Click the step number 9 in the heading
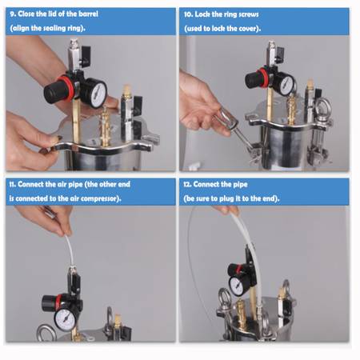tap(13, 14)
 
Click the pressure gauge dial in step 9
tap(98, 94)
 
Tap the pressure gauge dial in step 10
tap(286, 85)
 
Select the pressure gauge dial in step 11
tap(65, 319)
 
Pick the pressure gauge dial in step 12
tap(237, 286)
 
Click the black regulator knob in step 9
tap(54, 93)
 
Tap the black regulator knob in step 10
tap(253, 79)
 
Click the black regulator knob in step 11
tap(49, 304)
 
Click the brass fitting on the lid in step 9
tap(106, 126)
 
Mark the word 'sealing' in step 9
tap(54, 28)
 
